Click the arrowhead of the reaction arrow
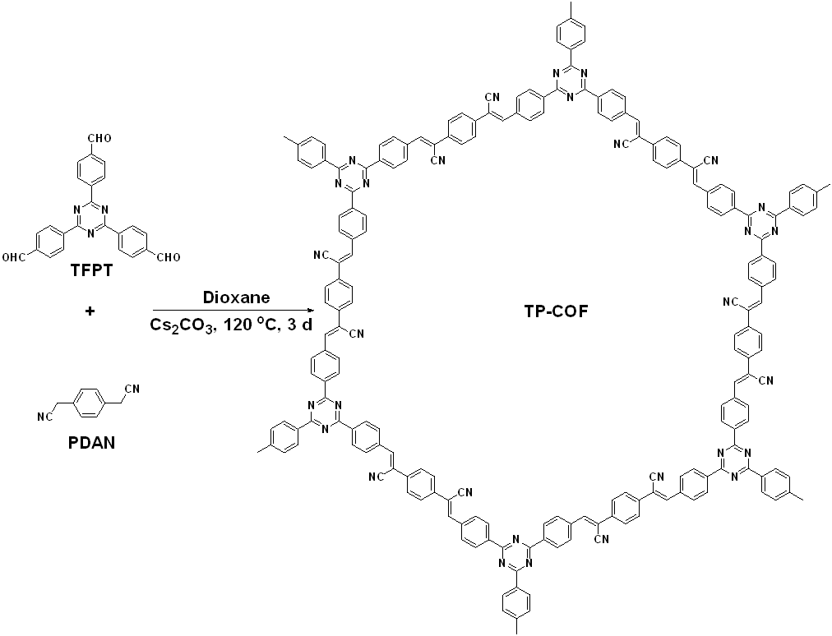311,310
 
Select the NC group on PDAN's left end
45,416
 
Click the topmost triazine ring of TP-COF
569,80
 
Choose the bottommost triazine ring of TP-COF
515,552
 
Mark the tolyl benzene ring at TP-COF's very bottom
515,598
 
